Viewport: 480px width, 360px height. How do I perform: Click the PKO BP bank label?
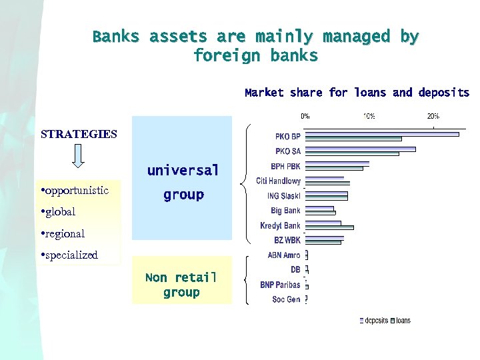point(287,137)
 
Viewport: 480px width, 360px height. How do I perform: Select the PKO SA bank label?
point(287,151)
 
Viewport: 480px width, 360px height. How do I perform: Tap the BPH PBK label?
point(285,166)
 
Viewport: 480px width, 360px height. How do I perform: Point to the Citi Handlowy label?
point(278,181)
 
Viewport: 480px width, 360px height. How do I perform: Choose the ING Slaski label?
point(283,196)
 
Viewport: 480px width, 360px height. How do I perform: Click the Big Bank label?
point(285,211)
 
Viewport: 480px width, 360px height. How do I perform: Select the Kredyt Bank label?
point(280,225)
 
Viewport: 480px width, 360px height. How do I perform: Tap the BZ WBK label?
point(287,240)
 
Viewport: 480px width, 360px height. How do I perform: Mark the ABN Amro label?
point(283,255)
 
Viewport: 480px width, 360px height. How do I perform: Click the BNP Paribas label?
point(280,285)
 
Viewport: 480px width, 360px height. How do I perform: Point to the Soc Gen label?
point(286,299)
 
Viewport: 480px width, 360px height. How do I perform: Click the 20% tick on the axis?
point(433,115)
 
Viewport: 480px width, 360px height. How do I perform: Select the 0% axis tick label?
point(305,115)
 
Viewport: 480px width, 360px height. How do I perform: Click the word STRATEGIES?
point(79,134)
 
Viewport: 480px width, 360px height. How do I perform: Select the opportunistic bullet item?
point(75,191)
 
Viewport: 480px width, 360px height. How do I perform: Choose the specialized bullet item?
point(70,255)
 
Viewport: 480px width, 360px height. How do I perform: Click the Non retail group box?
point(181,285)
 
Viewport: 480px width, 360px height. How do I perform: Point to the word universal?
point(183,170)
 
